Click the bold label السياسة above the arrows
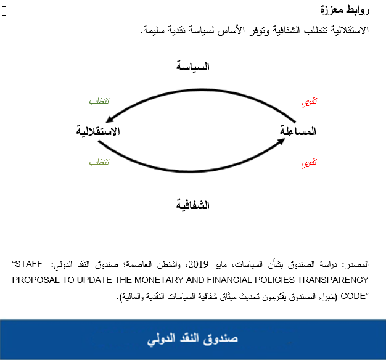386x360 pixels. point(193,66)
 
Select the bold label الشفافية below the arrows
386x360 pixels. point(193,204)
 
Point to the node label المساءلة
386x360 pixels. point(298,131)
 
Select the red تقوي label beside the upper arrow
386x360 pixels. point(309,102)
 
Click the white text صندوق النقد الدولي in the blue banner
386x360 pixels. point(193,340)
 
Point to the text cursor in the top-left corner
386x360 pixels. point(4,12)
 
